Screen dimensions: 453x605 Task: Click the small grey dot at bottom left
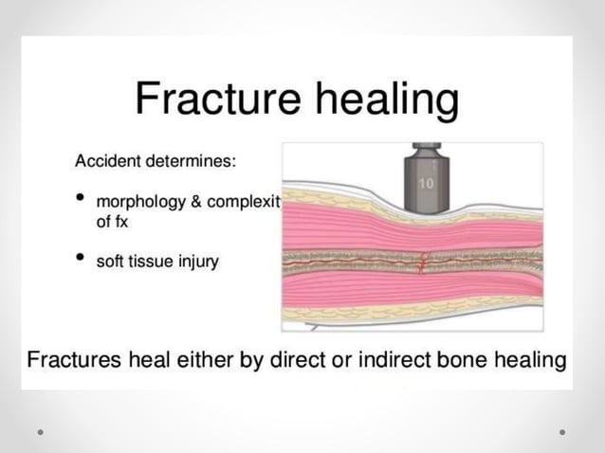40,432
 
